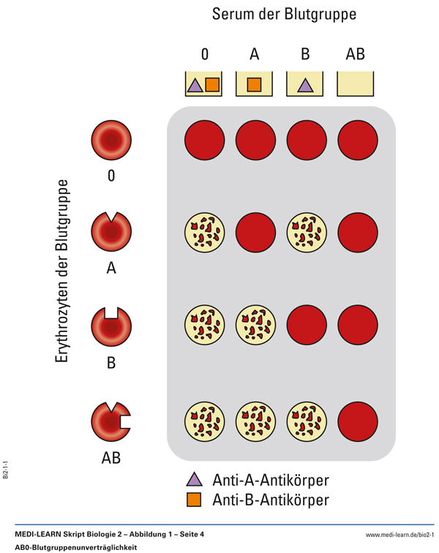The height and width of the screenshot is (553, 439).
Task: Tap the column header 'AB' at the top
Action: point(356,53)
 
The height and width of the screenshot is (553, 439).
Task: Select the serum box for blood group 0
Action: point(203,84)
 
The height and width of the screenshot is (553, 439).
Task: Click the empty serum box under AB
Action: point(356,84)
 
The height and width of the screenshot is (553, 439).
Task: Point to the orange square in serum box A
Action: point(254,85)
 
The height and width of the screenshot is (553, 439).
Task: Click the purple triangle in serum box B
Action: point(305,86)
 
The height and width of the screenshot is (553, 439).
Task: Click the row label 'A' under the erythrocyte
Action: point(111,268)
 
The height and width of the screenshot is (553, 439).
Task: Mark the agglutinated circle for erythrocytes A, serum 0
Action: point(203,233)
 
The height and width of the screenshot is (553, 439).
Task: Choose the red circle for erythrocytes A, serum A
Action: point(255,233)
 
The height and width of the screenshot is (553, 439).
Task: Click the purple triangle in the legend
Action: point(194,481)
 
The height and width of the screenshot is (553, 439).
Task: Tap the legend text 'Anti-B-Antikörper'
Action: point(270,500)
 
